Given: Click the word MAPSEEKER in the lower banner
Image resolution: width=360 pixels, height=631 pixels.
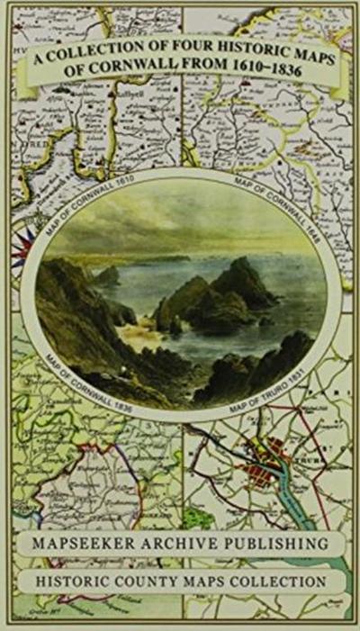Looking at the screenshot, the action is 98,545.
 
